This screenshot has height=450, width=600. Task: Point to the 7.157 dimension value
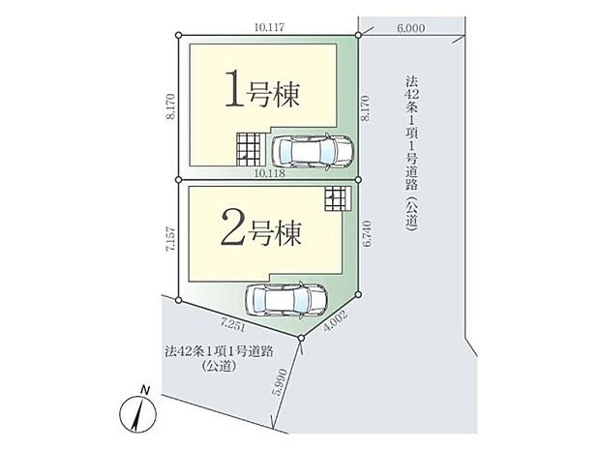(170, 240)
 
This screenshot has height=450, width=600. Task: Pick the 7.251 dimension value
(234, 322)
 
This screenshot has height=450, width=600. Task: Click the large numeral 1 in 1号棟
(235, 92)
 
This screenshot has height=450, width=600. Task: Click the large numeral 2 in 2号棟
(235, 232)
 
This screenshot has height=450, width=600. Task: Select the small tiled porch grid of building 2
(335, 198)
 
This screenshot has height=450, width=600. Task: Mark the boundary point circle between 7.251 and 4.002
(303, 338)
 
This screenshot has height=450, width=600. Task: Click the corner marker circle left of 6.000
(358, 36)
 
